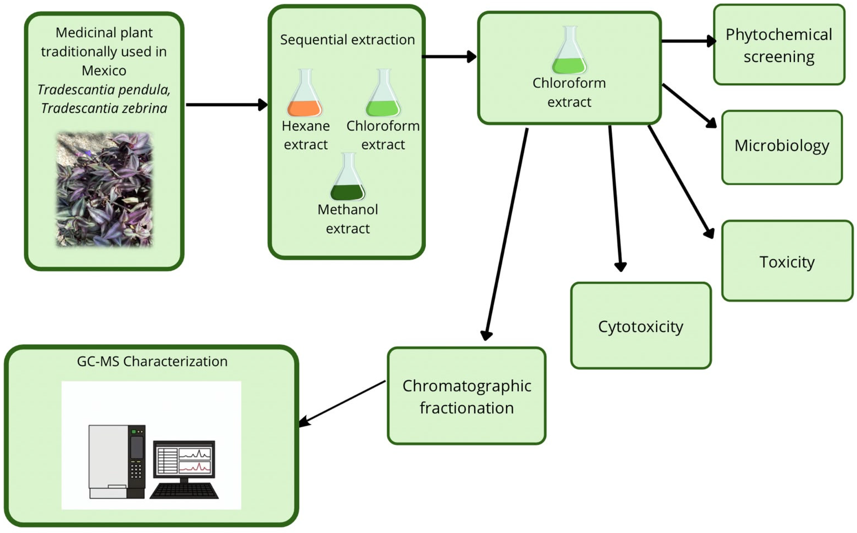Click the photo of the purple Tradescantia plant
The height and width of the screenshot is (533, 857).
(x=104, y=189)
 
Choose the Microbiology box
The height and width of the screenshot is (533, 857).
(x=782, y=147)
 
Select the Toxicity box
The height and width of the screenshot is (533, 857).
(x=787, y=261)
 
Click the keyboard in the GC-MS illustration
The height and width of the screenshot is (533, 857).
(x=184, y=491)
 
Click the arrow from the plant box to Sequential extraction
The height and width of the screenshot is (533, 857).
(x=227, y=105)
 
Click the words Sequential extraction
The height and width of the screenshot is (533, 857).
(x=347, y=40)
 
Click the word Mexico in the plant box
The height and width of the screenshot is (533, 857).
(x=104, y=71)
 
